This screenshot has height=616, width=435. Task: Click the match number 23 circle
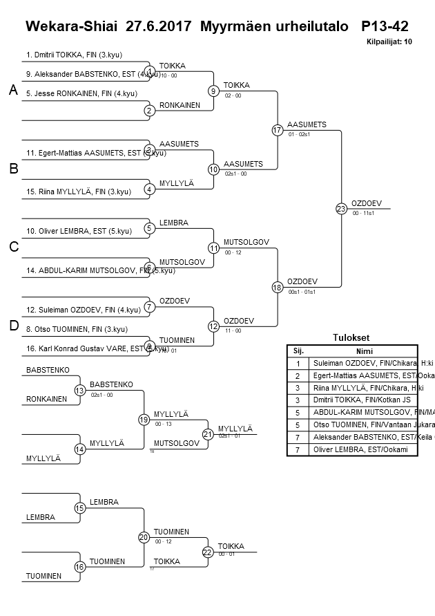point(341,208)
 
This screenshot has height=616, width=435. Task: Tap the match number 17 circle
point(277,130)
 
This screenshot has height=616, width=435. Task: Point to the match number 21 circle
point(208,434)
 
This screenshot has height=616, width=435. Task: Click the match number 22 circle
point(208,552)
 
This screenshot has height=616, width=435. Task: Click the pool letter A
point(12,90)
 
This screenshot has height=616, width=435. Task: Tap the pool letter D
point(12,326)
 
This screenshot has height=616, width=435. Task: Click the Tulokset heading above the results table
point(351,338)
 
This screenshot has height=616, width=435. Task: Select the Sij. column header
point(298,351)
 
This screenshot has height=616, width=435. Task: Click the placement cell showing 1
point(298,362)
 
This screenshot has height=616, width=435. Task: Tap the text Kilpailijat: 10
point(389,42)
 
